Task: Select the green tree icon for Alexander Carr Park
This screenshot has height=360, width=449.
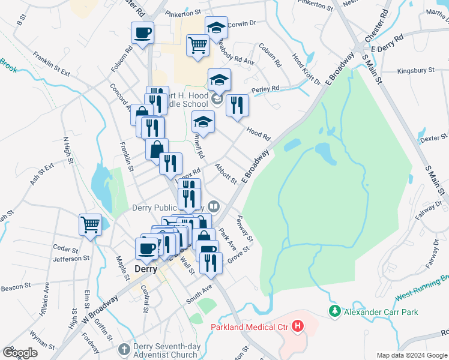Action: click(334, 311)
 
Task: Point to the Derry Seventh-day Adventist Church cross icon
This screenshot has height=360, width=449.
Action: click(124, 349)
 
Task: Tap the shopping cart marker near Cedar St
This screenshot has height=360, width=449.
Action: click(90, 225)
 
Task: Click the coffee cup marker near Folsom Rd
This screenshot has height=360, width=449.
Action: click(142, 33)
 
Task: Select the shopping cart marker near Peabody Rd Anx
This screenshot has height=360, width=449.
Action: click(197, 45)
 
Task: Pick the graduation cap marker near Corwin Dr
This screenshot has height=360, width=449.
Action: click(216, 28)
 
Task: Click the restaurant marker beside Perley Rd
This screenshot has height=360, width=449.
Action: click(237, 106)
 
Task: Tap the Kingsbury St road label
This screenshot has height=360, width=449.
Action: click(416, 70)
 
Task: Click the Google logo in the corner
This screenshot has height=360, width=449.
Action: click(20, 352)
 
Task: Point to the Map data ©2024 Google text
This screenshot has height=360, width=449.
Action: click(411, 355)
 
